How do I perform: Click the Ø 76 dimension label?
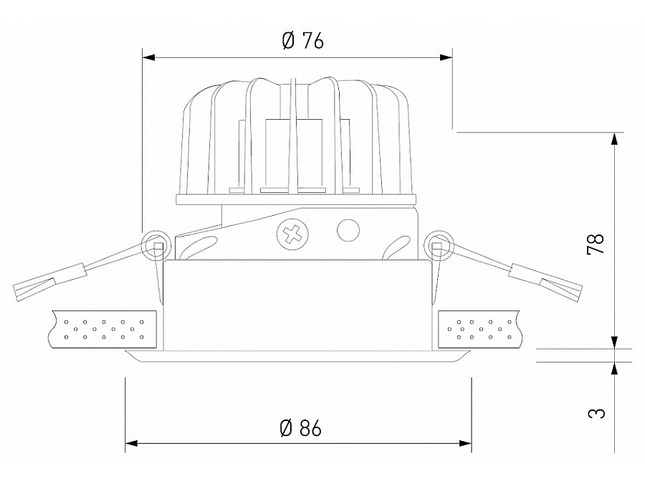point(302,41)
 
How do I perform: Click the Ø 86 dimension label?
point(300,429)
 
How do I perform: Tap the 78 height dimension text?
point(596,243)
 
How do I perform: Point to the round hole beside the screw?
point(348,230)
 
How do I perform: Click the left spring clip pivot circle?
point(155,247)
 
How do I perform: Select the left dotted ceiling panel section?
point(104,329)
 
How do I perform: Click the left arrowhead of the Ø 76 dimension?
point(148,57)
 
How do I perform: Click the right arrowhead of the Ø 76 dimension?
point(446,57)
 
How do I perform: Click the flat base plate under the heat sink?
point(296,199)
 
